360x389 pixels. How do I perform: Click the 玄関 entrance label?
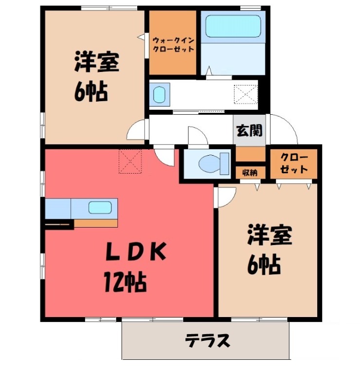[x=249, y=130]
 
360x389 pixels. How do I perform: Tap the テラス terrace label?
[x=208, y=341]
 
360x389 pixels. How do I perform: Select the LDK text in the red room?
[x=136, y=251]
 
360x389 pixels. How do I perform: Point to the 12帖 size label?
[x=125, y=282]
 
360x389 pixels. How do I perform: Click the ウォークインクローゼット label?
[x=173, y=44]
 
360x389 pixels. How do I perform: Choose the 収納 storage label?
[x=250, y=173]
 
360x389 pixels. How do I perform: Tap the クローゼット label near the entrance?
[x=294, y=163]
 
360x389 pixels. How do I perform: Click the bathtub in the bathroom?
[x=233, y=26]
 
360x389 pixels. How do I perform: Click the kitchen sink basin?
[x=100, y=208]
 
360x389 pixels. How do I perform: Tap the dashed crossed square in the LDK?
[x=130, y=161]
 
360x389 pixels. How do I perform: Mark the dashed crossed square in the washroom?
[x=246, y=94]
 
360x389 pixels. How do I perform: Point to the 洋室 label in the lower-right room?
[x=270, y=235]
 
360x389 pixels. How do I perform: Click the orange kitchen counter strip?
[x=95, y=223]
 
